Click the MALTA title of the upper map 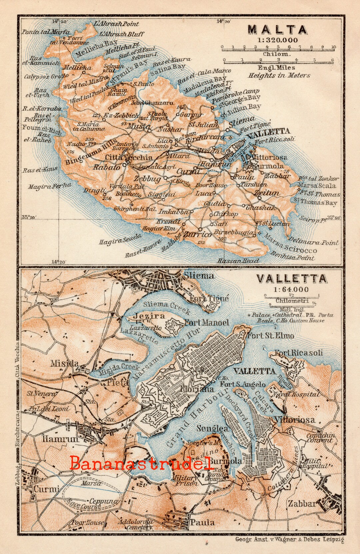[277, 30]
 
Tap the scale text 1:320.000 [277, 40]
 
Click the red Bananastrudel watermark [142, 464]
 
